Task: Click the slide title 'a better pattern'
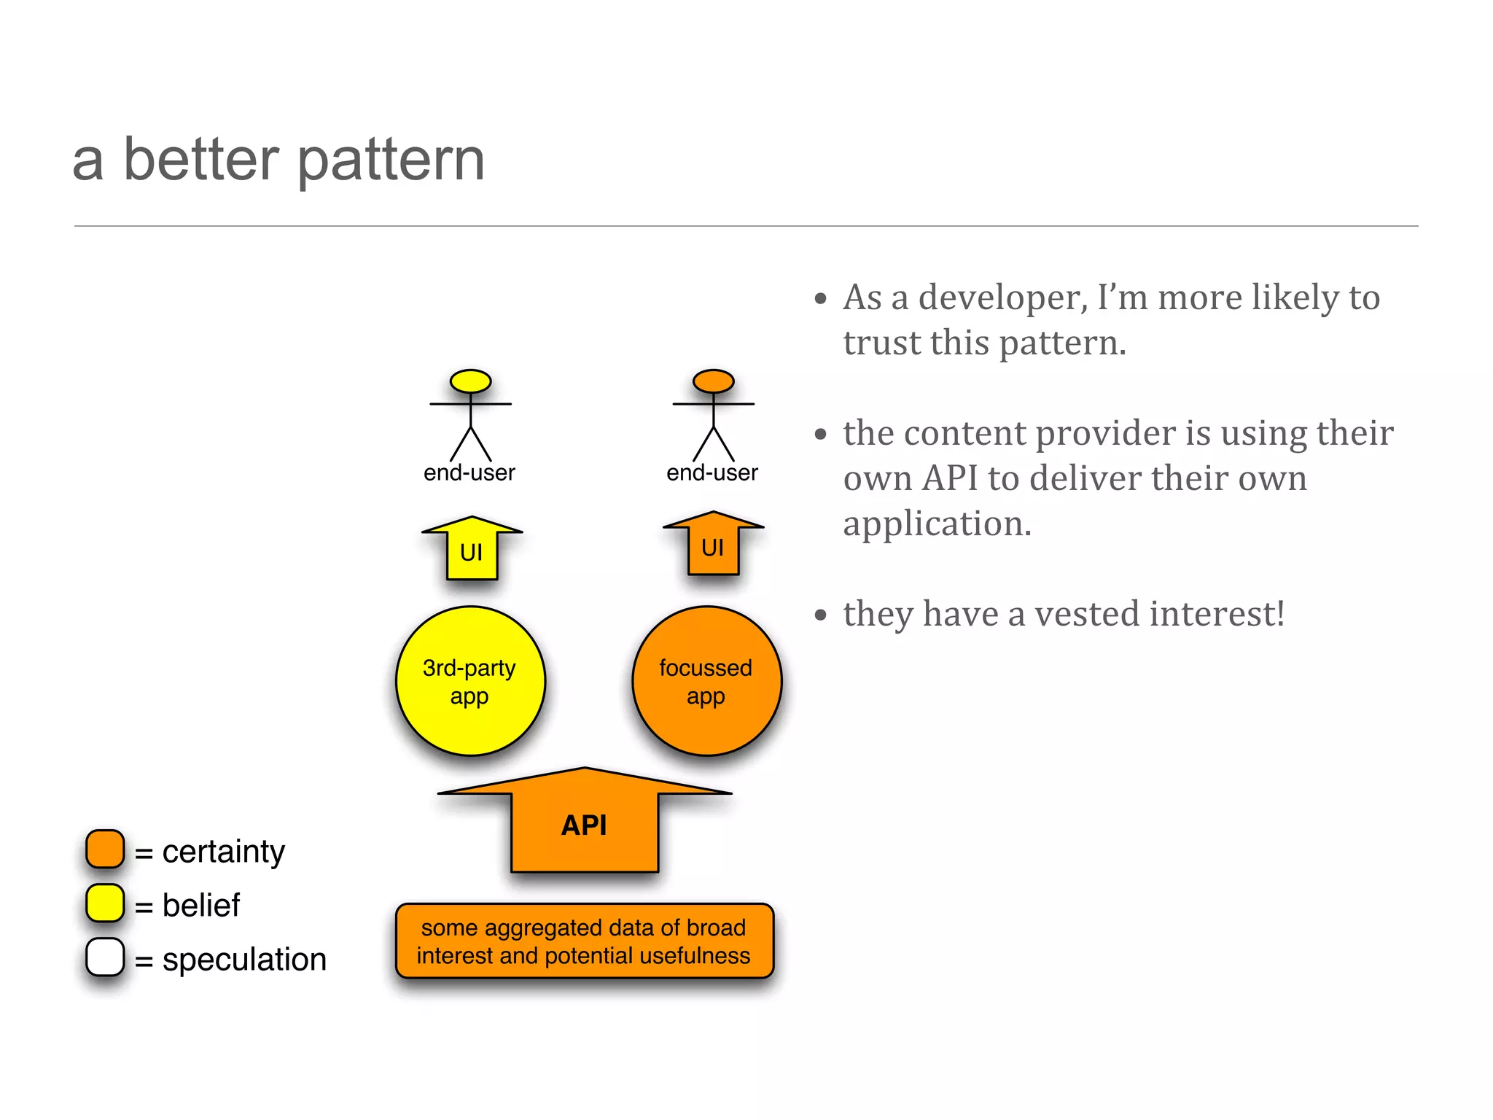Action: point(278,160)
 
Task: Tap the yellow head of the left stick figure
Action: point(470,381)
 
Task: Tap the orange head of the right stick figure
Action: point(713,381)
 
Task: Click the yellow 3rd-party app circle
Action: point(470,681)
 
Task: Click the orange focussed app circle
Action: point(706,681)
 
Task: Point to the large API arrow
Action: point(585,824)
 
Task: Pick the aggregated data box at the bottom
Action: point(584,941)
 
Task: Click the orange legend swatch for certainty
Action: point(105,849)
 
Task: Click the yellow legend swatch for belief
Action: point(105,903)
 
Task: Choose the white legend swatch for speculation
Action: point(105,957)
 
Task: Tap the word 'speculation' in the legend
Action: point(244,960)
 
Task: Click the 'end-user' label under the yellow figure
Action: point(469,472)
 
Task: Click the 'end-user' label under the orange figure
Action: point(712,472)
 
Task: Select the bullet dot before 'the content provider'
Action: point(821,435)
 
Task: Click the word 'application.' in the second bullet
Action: point(937,524)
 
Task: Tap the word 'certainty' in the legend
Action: point(223,852)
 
